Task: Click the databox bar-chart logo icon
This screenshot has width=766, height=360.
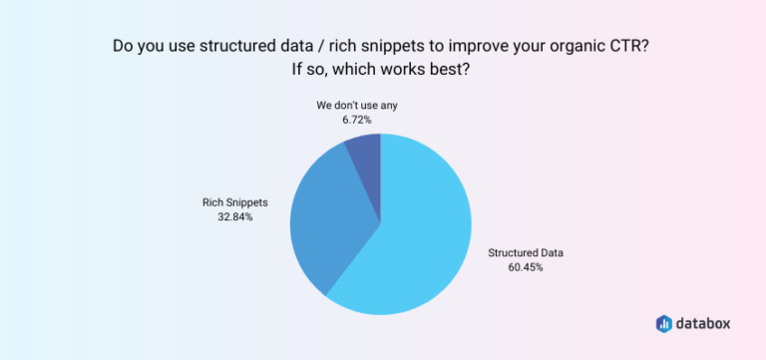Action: (665, 323)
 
